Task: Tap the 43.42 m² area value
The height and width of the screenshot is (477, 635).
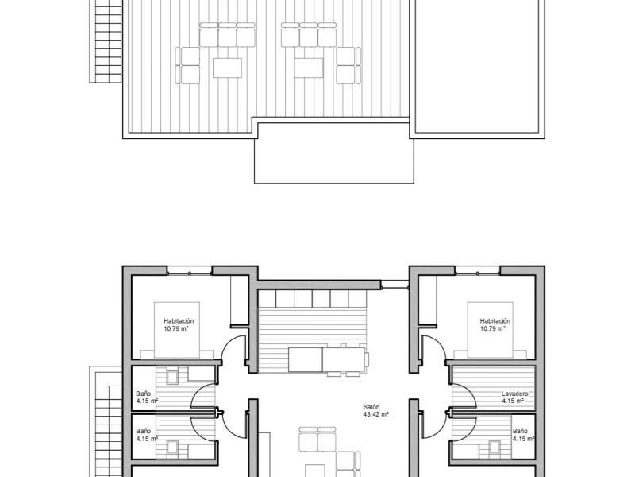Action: pyautogui.click(x=375, y=414)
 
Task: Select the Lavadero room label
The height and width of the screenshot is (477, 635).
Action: pyautogui.click(x=515, y=394)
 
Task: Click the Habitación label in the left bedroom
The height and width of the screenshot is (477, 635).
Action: pyautogui.click(x=179, y=320)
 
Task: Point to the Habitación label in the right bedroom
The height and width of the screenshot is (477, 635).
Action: pyautogui.click(x=495, y=320)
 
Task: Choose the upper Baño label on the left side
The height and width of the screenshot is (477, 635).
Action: pyautogui.click(x=143, y=394)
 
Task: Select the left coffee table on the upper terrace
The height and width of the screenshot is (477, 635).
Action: pyautogui.click(x=227, y=67)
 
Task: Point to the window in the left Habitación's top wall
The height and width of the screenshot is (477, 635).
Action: pyautogui.click(x=190, y=272)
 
